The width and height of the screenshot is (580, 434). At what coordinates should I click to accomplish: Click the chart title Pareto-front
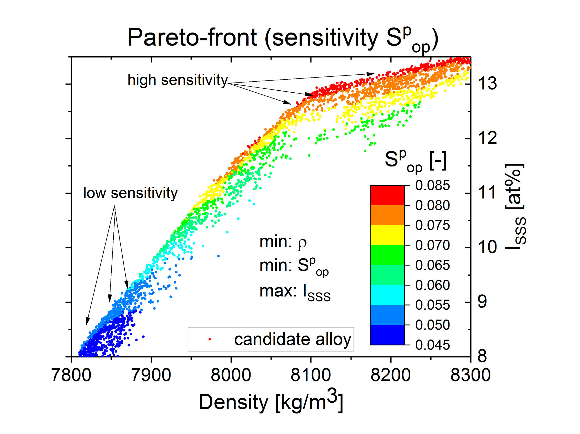point(282,38)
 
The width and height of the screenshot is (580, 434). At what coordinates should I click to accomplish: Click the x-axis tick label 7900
point(151,375)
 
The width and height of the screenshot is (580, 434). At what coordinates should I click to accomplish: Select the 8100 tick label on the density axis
point(311,375)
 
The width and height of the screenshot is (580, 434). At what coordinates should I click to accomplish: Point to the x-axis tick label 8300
point(470,375)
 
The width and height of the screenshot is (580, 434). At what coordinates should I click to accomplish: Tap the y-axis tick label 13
point(487,83)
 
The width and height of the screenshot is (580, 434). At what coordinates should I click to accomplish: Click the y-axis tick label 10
point(487,247)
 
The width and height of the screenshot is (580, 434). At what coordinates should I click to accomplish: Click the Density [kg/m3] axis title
point(271,401)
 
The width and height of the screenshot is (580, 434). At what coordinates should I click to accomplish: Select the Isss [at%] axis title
point(515,207)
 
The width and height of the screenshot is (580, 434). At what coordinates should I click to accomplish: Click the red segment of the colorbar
point(387,195)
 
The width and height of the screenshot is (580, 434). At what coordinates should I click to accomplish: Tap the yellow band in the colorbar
point(387,235)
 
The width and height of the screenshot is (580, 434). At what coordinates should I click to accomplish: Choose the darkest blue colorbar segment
point(387,335)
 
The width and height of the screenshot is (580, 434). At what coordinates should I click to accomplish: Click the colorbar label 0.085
point(432,185)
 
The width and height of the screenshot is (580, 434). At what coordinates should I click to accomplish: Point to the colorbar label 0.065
point(432,265)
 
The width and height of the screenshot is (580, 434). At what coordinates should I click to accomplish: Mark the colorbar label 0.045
point(432,345)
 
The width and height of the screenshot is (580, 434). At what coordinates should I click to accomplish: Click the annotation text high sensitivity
point(178,80)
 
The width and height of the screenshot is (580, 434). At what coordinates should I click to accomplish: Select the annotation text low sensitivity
point(130,193)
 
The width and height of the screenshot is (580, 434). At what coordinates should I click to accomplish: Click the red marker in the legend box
point(210,339)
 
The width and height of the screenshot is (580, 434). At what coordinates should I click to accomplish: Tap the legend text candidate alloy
point(293,339)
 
